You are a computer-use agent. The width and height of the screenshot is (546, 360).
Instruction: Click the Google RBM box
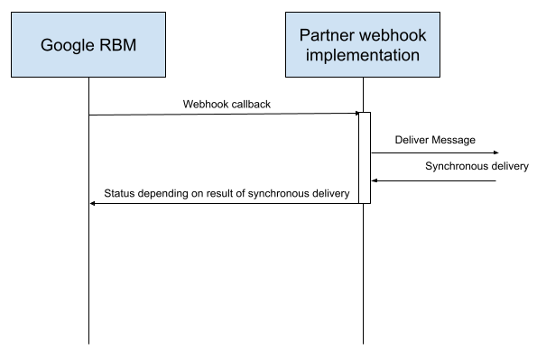tap(88, 45)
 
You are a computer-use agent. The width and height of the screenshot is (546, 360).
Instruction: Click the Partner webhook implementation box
tap(363, 45)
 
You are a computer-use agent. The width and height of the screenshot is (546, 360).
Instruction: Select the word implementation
tap(363, 55)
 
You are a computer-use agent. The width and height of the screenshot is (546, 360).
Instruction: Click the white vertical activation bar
tap(365, 158)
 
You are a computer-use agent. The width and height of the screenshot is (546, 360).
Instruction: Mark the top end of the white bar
tap(365, 115)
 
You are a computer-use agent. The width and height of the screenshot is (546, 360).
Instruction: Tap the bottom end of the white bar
tap(365, 201)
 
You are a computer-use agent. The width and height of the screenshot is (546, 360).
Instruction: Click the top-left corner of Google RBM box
tap(13, 14)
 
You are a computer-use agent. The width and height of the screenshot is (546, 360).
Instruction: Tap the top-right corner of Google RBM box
tap(164, 14)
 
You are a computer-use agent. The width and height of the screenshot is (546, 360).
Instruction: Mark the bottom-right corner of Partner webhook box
tap(439, 76)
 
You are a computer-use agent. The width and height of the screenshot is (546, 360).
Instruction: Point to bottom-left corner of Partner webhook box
tap(287, 76)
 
